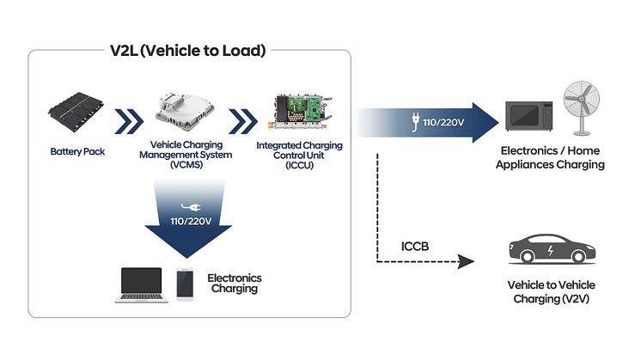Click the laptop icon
[141, 284]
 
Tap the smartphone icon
[184, 284]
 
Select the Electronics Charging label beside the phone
[234, 284]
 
